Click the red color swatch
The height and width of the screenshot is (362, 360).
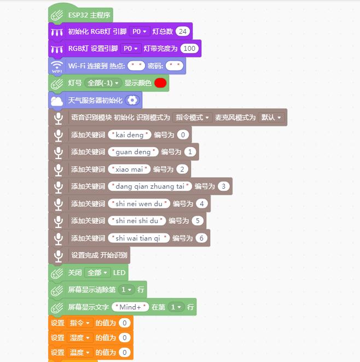(x=160, y=83)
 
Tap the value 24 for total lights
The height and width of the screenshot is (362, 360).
(x=183, y=31)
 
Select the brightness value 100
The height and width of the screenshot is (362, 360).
(x=189, y=49)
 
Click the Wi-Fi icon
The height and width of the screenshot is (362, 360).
(x=57, y=66)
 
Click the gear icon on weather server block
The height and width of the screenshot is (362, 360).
(x=132, y=100)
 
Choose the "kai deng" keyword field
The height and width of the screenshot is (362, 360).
(x=130, y=135)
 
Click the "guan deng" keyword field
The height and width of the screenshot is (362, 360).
(x=133, y=152)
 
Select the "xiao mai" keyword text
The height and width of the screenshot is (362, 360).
(x=129, y=169)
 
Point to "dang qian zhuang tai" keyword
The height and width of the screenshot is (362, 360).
(x=150, y=186)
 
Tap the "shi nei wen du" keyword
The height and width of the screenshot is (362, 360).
(x=139, y=203)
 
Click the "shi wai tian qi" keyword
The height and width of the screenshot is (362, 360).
(x=139, y=238)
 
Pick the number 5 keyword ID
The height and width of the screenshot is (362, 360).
(x=198, y=221)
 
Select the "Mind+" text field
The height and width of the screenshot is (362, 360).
(x=130, y=307)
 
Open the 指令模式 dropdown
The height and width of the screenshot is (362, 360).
(x=192, y=118)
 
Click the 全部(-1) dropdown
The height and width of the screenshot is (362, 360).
(x=103, y=83)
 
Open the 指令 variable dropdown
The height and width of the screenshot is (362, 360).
(x=80, y=323)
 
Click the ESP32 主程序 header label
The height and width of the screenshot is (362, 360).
(x=89, y=15)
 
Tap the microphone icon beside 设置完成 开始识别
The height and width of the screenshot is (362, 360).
(x=58, y=255)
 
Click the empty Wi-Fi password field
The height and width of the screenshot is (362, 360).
(x=175, y=66)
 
